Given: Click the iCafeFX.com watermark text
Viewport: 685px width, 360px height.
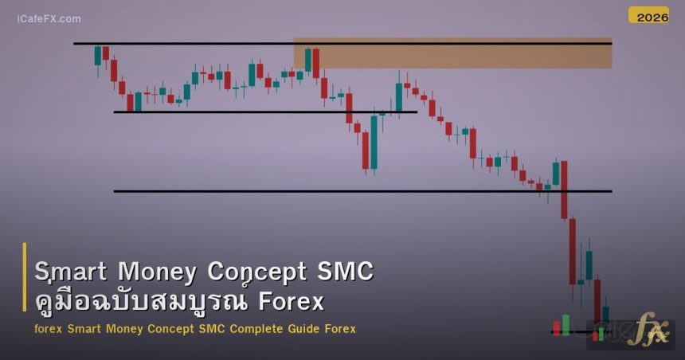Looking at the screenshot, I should point(49,18).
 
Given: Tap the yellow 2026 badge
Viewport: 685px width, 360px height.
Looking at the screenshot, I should point(648,15).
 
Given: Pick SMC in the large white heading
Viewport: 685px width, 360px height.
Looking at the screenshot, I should point(345,272).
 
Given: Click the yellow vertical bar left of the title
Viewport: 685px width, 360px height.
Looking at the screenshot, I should point(25,287).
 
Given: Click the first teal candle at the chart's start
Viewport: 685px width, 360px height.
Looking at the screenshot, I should point(98,55).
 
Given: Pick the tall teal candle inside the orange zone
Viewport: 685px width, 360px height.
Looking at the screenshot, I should point(308,60).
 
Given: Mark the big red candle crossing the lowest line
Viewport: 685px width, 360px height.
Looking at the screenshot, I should point(564,190).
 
